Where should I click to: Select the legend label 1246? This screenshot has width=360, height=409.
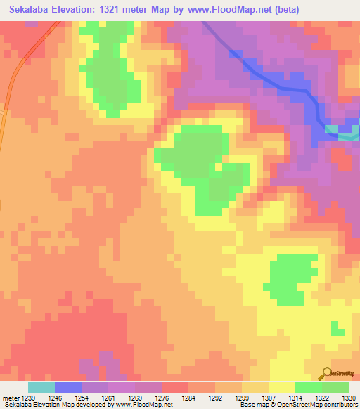[55, 398]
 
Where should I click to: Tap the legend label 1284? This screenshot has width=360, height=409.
[188, 398]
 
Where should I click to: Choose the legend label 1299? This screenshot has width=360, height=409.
[242, 398]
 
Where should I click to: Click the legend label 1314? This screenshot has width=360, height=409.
[295, 398]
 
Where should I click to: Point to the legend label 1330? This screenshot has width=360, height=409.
[348, 398]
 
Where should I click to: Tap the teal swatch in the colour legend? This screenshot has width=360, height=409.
[41, 387]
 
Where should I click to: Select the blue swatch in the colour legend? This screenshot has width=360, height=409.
[67, 387]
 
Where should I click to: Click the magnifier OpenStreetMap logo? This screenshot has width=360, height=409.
[326, 373]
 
